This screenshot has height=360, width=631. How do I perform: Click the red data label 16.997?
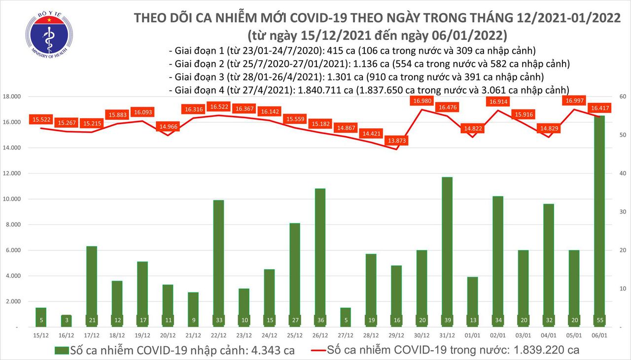(576, 101)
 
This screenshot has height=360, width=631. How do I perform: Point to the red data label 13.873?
(397, 141)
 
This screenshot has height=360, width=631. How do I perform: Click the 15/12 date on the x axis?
(41, 335)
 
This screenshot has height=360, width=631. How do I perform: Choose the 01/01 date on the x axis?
(472, 335)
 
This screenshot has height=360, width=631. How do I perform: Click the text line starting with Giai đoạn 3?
(356, 77)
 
